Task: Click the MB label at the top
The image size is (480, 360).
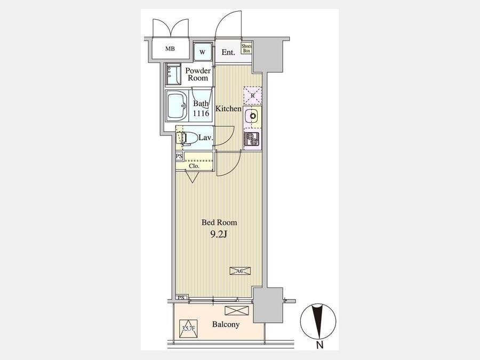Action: (170, 49)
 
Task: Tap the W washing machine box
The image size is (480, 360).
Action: (202, 52)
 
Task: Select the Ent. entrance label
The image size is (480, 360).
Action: (228, 52)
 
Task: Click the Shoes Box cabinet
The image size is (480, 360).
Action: (246, 49)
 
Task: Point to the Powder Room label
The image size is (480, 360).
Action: (198, 74)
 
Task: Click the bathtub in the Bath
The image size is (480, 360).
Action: (177, 106)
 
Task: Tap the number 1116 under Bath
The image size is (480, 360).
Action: (201, 113)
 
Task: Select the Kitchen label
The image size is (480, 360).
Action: (228, 108)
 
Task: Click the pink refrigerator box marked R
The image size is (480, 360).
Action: (253, 95)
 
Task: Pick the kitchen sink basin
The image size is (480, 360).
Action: (252, 116)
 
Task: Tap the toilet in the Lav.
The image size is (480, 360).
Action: (189, 138)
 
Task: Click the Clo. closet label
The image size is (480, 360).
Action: (194, 166)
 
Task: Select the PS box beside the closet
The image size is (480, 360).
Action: (179, 156)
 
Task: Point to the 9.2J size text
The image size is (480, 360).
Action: (218, 235)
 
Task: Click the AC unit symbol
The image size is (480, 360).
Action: (241, 270)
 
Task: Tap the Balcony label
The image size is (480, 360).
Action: (226, 324)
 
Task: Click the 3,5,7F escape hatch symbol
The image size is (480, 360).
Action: (188, 329)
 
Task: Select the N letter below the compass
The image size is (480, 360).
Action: (319, 345)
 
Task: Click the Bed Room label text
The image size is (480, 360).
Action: (219, 222)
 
